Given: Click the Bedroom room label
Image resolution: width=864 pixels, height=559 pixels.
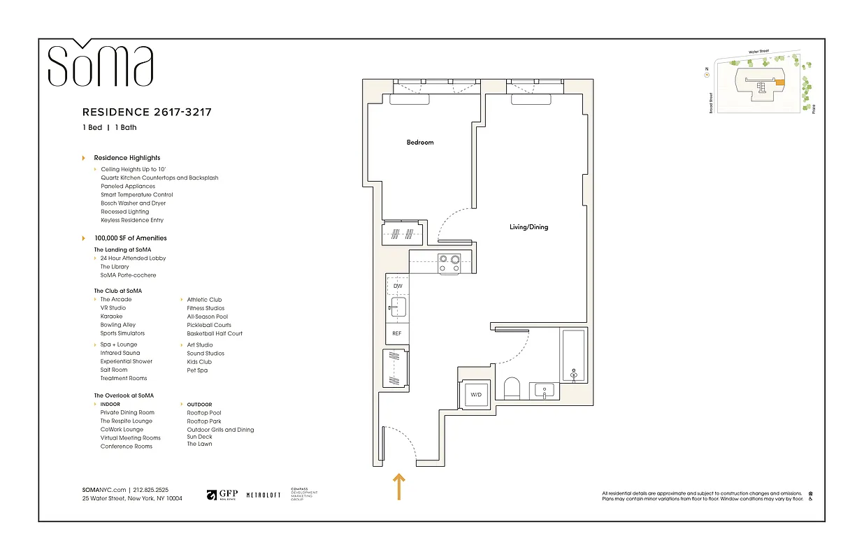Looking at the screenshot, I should pyautogui.click(x=420, y=143).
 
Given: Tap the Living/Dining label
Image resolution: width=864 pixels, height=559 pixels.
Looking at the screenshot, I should pyautogui.click(x=528, y=227).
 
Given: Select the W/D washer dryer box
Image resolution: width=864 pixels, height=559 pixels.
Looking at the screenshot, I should pyautogui.click(x=476, y=395).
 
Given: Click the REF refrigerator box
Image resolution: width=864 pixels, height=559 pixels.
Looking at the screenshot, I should pyautogui.click(x=397, y=334).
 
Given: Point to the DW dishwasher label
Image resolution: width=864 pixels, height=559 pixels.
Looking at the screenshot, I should pyautogui.click(x=398, y=286).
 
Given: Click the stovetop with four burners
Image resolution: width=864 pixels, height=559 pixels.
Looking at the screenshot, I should pyautogui.click(x=449, y=263).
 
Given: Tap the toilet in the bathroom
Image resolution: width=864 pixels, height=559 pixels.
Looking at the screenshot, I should pyautogui.click(x=512, y=388).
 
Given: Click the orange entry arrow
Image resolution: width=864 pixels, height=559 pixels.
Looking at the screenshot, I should pyautogui.click(x=399, y=486).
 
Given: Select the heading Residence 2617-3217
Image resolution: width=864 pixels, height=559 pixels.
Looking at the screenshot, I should pyautogui.click(x=147, y=112).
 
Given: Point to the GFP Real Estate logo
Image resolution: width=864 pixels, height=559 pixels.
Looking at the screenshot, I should pyautogui.click(x=222, y=495).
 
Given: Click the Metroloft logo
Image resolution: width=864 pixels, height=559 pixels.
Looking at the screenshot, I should pyautogui.click(x=264, y=495).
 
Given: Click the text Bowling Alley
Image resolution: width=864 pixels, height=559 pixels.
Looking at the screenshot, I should pyautogui.click(x=118, y=325).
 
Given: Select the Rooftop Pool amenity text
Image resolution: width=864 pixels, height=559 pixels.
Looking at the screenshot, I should pyautogui.click(x=204, y=413).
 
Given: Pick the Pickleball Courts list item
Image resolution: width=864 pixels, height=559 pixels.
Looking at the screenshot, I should pyautogui.click(x=209, y=325).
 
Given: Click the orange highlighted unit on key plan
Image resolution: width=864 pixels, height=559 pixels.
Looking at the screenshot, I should pyautogui.click(x=779, y=82).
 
